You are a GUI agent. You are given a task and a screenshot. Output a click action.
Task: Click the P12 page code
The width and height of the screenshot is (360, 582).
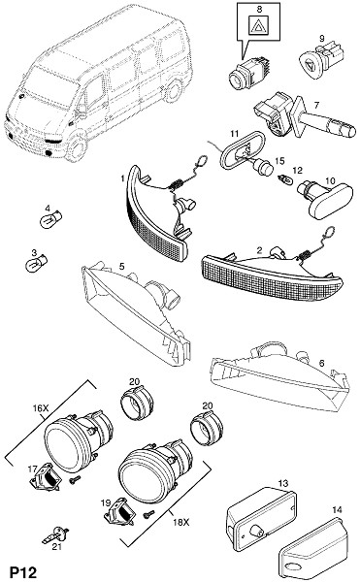click(x=23, y=572)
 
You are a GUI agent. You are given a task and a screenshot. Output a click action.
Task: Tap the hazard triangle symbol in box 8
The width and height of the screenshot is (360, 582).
click(x=259, y=26)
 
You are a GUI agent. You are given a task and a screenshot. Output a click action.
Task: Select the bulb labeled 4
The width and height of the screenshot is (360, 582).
click(x=50, y=220)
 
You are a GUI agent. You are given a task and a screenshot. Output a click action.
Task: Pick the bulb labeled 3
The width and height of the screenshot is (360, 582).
click(x=36, y=263)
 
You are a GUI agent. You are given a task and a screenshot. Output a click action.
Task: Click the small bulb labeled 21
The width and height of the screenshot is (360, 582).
click(x=55, y=534)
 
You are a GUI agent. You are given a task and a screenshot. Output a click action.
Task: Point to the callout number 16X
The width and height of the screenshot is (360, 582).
click(x=41, y=408)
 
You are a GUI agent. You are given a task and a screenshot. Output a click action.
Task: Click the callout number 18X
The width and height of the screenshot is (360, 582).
click(x=180, y=522)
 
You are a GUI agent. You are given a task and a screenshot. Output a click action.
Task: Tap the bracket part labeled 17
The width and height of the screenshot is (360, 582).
click(x=45, y=476)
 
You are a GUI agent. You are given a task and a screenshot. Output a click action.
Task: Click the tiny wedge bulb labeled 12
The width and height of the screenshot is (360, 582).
click(x=286, y=180)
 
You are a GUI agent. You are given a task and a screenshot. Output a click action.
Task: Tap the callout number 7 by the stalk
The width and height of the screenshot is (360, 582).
click(x=316, y=105)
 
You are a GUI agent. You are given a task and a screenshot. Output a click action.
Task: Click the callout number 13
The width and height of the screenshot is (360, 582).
click(x=282, y=483)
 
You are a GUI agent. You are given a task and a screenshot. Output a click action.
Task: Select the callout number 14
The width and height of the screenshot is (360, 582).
click(x=337, y=510)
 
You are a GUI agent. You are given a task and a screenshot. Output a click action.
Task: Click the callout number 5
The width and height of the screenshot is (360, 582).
click(x=121, y=266)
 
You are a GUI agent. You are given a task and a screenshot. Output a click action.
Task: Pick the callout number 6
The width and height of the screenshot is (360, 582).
click(x=321, y=363)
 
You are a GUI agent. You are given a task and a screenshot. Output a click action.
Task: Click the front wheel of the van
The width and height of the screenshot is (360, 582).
click(x=78, y=147)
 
